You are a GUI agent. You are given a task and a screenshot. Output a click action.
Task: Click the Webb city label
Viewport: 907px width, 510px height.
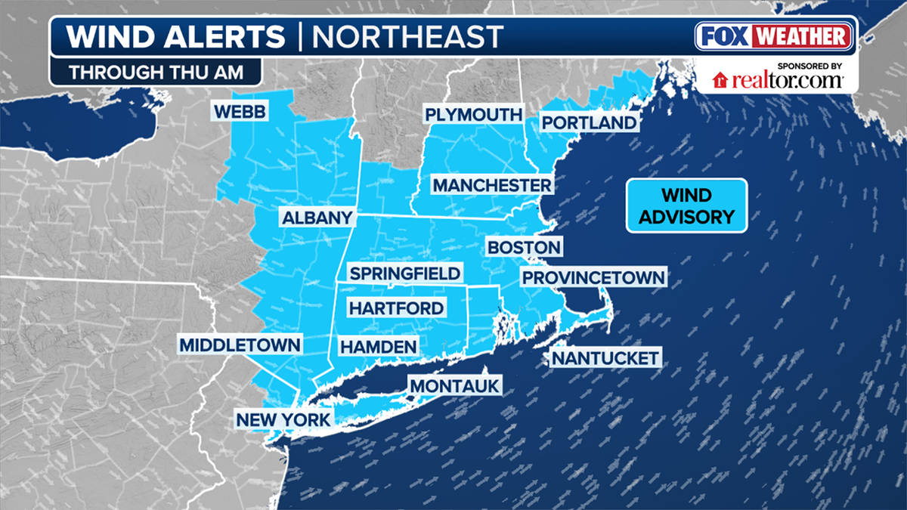(240, 112)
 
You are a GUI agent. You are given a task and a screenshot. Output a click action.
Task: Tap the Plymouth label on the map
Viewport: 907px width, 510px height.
(473, 114)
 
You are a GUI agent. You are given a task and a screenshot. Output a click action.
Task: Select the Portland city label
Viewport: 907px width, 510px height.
(589, 122)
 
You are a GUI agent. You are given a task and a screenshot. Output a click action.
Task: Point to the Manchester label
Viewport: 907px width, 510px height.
(491, 185)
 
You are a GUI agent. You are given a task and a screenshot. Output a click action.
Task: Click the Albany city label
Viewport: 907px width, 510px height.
(317, 218)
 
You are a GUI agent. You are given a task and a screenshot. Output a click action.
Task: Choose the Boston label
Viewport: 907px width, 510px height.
(524, 247)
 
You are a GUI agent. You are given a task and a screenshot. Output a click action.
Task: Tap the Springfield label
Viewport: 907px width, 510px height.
(404, 273)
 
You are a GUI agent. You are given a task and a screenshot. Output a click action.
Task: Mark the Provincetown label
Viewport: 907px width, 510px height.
(593, 277)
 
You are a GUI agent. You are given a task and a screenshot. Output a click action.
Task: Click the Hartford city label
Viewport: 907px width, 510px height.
(395, 308)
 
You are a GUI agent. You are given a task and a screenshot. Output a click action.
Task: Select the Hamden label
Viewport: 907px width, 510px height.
(378, 346)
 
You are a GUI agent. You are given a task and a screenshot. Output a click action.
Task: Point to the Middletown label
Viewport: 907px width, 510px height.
(240, 345)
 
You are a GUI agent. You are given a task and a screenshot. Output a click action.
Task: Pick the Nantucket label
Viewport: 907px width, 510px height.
(605, 357)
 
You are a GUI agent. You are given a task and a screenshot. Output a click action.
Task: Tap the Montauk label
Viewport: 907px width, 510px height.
(455, 386)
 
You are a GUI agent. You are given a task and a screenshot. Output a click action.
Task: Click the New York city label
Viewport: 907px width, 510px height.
(283, 420)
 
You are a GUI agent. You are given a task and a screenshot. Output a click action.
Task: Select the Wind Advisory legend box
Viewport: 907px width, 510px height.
(686, 206)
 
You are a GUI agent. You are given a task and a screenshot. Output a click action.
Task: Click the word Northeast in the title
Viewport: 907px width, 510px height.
(407, 36)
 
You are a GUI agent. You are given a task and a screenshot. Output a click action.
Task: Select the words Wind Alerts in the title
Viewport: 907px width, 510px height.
(176, 36)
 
